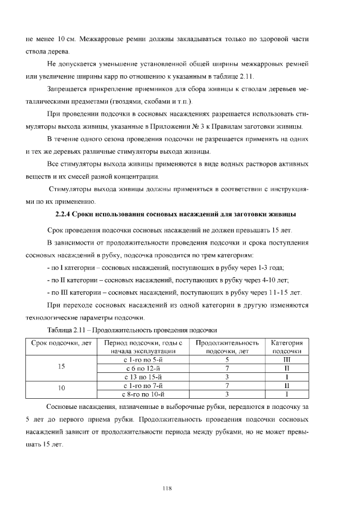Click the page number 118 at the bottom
[x=166, y=488]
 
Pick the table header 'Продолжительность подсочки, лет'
[x=227, y=346]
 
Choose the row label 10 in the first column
[x=61, y=390]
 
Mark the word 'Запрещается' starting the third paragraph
[x=69, y=89]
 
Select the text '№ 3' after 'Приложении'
[x=201, y=126]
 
